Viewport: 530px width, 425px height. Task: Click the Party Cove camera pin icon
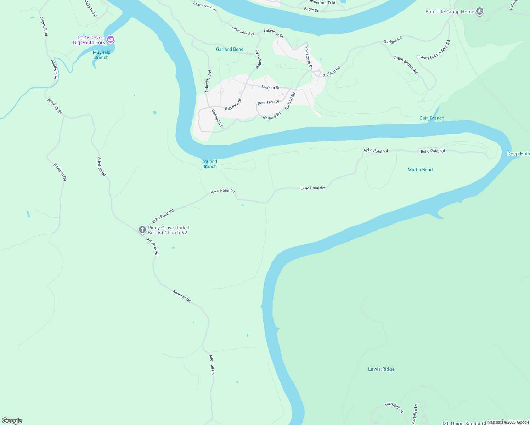[x=110, y=39]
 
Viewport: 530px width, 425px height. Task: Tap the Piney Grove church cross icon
[x=142, y=230]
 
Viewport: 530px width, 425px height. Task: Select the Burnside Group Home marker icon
[x=480, y=12]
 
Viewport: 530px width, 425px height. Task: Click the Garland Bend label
[x=230, y=49]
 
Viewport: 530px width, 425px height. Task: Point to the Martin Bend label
[x=420, y=170]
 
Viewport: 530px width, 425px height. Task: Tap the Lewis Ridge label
[x=381, y=369]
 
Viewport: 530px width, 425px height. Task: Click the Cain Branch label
[x=432, y=118]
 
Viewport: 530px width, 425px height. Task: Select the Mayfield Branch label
[x=101, y=55]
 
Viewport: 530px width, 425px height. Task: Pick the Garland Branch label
[x=209, y=164]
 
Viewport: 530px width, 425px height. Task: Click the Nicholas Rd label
[x=60, y=172]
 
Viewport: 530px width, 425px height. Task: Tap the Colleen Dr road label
[x=271, y=87]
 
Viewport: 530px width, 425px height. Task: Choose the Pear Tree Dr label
[x=268, y=102]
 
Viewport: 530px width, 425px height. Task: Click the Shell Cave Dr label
[x=309, y=57]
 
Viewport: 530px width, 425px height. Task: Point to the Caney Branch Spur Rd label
[x=434, y=50]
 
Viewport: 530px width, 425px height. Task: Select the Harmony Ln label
[x=394, y=407]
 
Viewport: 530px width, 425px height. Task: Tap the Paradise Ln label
[x=415, y=414]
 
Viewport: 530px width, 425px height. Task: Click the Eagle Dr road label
[x=311, y=10]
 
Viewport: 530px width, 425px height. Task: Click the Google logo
[x=12, y=421]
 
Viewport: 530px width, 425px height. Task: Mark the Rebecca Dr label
[x=233, y=104]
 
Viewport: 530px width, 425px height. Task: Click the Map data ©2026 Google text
[x=508, y=422]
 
